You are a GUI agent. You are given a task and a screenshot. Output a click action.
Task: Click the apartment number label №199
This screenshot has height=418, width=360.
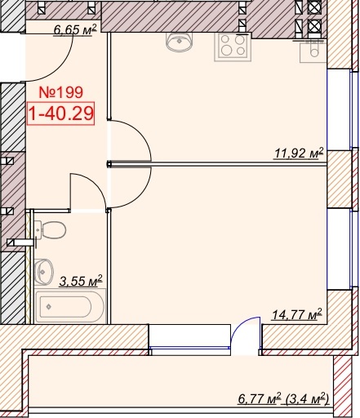(x=60, y=92)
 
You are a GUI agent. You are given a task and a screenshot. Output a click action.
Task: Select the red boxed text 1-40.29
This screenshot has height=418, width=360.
(x=60, y=113)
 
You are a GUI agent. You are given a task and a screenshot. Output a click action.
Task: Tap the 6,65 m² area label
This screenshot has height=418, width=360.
(x=75, y=29)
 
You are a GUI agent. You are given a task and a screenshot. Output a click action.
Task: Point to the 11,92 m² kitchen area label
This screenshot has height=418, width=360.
(x=299, y=153)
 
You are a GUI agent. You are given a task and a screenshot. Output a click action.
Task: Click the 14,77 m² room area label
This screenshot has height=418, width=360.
(x=297, y=314)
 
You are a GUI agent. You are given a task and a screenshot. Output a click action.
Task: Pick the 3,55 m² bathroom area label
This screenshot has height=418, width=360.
(x=81, y=281)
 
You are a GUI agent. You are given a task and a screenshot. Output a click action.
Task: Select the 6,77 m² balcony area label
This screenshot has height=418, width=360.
(x=259, y=399)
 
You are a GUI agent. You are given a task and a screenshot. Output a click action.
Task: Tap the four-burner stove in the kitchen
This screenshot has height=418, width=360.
(x=233, y=47)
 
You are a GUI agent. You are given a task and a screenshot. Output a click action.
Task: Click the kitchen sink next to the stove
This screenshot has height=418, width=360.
(x=179, y=42)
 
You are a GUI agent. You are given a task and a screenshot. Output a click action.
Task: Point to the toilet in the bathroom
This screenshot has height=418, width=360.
(x=50, y=230)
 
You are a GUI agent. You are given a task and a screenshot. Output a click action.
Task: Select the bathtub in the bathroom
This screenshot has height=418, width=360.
(x=70, y=306)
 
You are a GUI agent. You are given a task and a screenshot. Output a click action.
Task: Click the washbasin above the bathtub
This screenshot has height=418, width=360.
(x=43, y=272)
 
